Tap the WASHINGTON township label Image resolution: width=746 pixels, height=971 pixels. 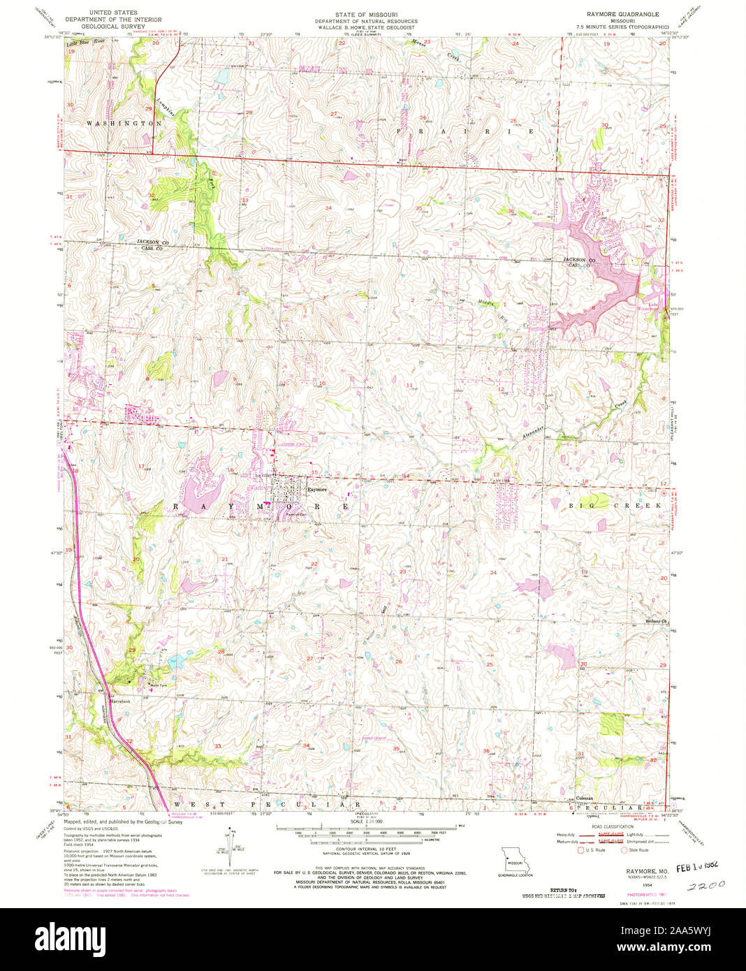point(124,123)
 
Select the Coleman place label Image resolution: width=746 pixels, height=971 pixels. point(585,797)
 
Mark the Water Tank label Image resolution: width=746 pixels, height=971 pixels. point(152,685)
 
